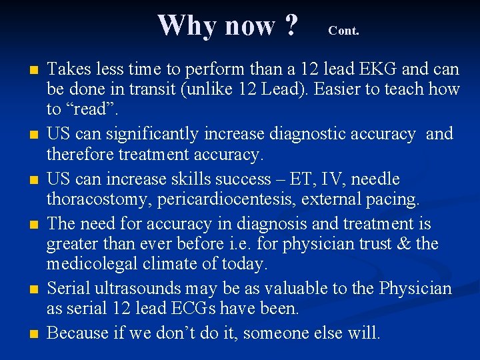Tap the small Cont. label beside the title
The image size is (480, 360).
[343, 31]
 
